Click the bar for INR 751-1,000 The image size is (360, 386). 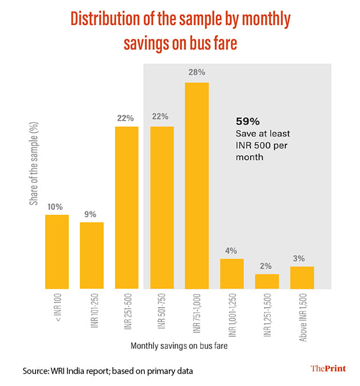tap(196, 186)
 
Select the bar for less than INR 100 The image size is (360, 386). tap(57, 252)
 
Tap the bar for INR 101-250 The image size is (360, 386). tap(92, 255)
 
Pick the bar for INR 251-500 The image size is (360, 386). tap(126, 208)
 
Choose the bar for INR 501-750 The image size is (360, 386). tap(162, 208)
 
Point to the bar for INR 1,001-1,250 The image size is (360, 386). tap(232, 274)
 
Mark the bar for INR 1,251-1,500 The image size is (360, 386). tap(267, 281)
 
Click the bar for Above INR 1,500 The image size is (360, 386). tap(302, 277)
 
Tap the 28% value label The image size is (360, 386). tap(196, 74)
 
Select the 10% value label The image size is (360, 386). tap(57, 206)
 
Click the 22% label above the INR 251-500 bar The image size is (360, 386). tap(126, 118)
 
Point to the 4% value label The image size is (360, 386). tap(232, 250)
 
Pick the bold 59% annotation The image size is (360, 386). tap(248, 121)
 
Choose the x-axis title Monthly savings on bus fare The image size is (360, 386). tap(179, 346)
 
